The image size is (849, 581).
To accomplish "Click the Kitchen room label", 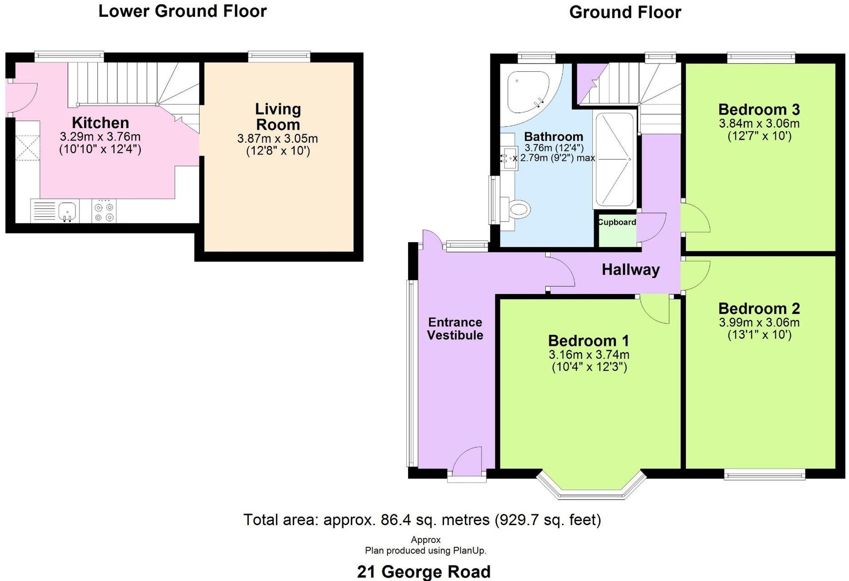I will (x=100, y=123).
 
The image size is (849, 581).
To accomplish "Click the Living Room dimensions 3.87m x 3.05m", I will (x=277, y=139).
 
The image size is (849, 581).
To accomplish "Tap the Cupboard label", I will (x=616, y=222).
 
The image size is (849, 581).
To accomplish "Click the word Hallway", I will (x=630, y=270).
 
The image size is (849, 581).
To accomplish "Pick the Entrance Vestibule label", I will (x=455, y=328).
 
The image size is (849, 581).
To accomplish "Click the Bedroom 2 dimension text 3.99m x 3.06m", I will (x=759, y=323).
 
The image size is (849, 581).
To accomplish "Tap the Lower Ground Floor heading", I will (x=182, y=11).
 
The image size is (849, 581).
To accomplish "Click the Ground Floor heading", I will (x=625, y=12).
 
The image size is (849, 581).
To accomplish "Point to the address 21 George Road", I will (x=424, y=571).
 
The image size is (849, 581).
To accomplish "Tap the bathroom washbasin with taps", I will (x=509, y=158).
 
